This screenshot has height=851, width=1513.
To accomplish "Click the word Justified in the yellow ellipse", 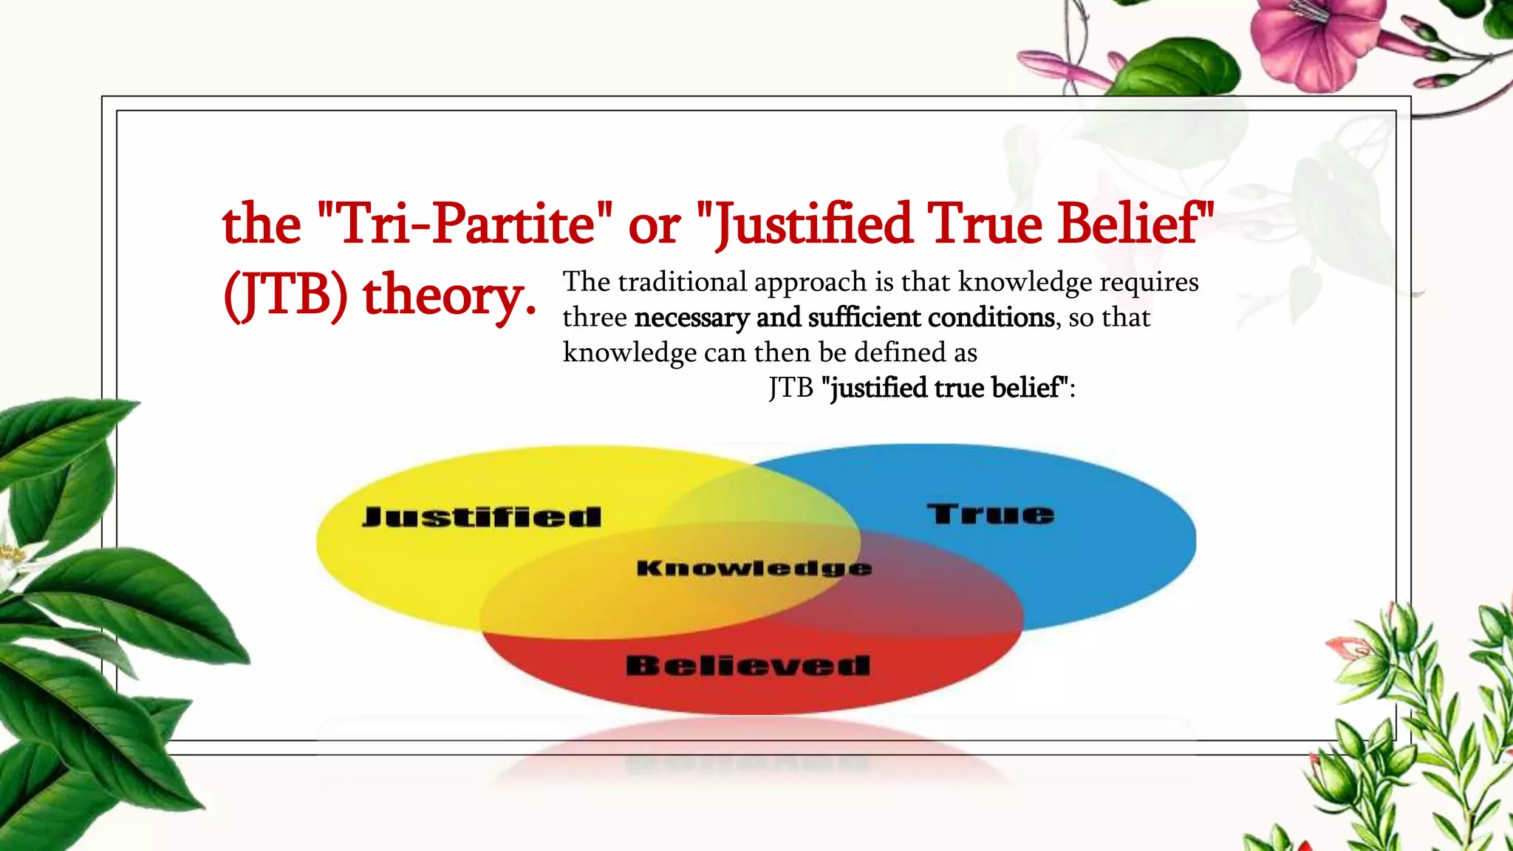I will [x=482, y=516].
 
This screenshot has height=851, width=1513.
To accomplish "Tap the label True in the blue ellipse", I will [x=991, y=513].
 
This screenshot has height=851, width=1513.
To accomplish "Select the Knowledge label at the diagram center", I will [x=754, y=568].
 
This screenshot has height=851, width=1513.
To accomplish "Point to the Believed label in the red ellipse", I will [x=748, y=666].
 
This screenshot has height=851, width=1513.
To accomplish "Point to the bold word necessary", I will [x=691, y=318].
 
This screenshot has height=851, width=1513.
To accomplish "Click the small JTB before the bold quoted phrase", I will [x=790, y=388].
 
